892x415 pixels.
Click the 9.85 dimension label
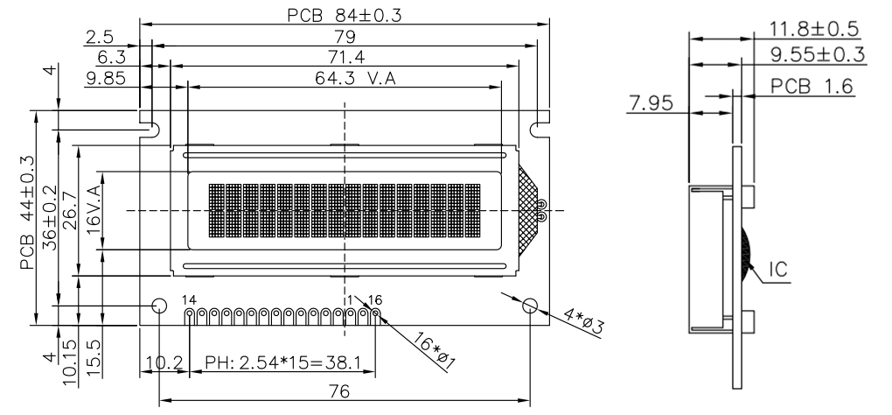[x=108, y=78]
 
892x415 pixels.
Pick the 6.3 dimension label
[x=108, y=58]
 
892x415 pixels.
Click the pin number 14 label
[x=189, y=300]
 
